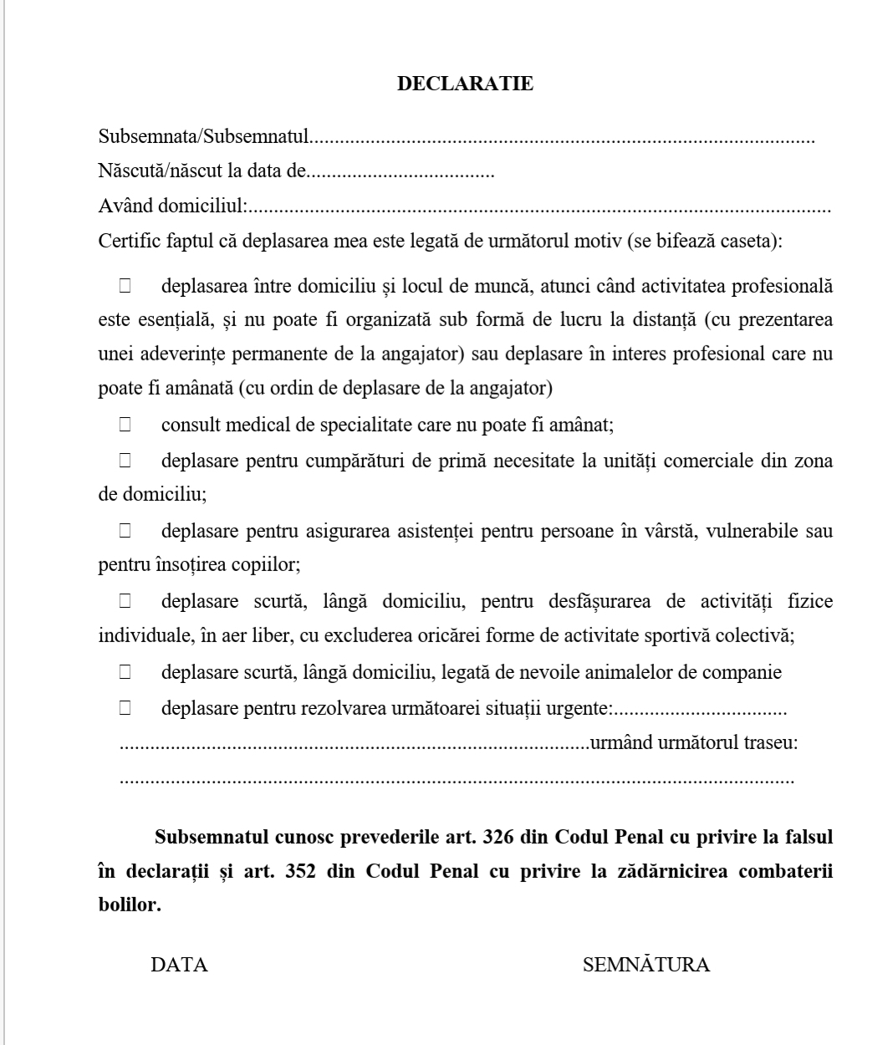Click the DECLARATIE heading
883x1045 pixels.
point(465,84)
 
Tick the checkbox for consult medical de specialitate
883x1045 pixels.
point(125,425)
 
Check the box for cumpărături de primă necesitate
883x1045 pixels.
point(125,460)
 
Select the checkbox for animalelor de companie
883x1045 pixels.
point(125,671)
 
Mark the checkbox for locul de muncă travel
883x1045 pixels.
point(125,286)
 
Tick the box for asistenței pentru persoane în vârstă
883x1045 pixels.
point(125,530)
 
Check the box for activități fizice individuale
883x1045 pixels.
point(125,601)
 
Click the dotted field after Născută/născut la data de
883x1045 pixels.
point(401,174)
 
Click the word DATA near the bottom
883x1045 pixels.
point(179,965)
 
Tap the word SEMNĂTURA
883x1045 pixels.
point(646,965)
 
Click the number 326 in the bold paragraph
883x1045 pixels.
point(498,837)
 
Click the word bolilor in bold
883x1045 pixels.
point(129,905)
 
